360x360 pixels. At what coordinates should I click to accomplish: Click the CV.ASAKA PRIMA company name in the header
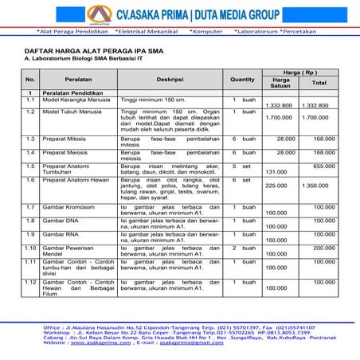click(184, 14)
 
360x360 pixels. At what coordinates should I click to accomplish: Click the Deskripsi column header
click(170, 79)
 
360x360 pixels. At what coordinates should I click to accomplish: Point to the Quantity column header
click(242, 79)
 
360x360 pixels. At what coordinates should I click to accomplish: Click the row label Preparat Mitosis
click(67, 138)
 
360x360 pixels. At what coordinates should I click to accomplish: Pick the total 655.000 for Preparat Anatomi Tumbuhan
click(323, 166)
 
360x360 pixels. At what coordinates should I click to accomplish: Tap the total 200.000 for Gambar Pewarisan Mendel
click(323, 247)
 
